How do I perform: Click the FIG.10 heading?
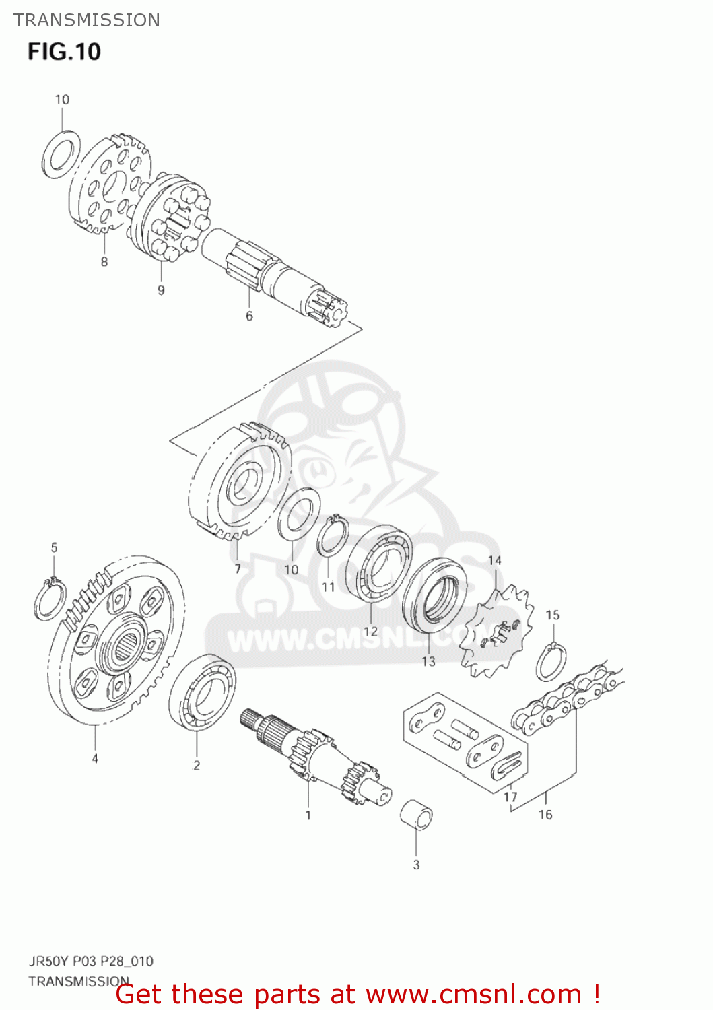click(x=64, y=52)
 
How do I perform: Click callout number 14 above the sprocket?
click(x=495, y=560)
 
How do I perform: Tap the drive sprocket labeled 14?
click(x=497, y=633)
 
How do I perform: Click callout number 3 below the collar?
click(x=416, y=865)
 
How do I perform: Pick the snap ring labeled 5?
click(x=50, y=599)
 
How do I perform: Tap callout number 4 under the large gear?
click(x=95, y=758)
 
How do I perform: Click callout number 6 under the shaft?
click(x=249, y=316)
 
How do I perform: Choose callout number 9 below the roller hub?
click(x=161, y=290)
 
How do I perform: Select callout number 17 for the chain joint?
click(x=511, y=797)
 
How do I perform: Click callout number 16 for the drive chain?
click(x=545, y=815)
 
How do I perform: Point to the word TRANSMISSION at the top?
click(x=87, y=20)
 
